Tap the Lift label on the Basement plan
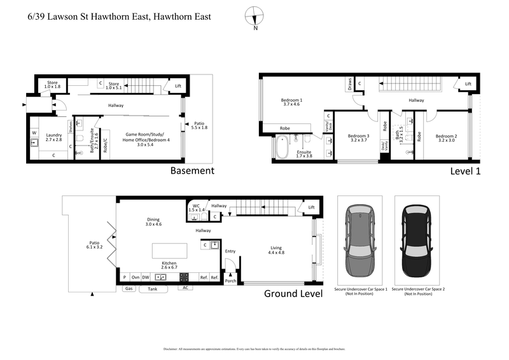[x=178, y=86]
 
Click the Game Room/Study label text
[x=143, y=137]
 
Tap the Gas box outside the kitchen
[x=128, y=288]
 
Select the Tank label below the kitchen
[x=152, y=288]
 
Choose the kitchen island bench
[x=169, y=250]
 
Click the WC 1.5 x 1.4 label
[x=197, y=208]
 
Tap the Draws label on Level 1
[x=349, y=84]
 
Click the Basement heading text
[x=192, y=170]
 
